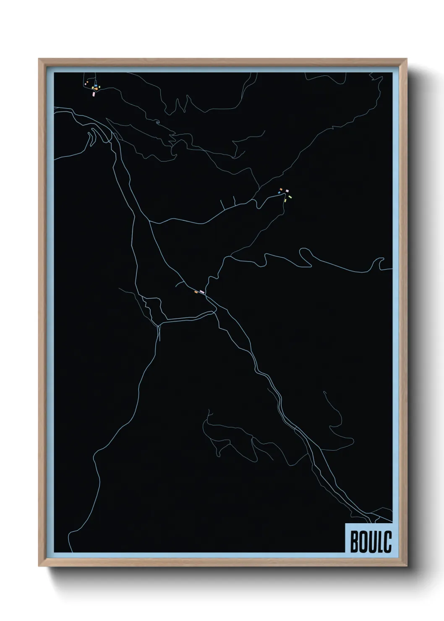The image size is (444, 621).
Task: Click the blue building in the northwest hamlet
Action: pyautogui.click(x=96, y=86)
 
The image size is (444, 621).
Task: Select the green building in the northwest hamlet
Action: pyautogui.click(x=99, y=87)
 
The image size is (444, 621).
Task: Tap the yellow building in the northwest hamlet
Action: pyautogui.click(x=93, y=88)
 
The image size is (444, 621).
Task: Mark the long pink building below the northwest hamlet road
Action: pyautogui.click(x=94, y=94)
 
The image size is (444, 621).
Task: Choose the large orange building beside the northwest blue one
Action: pyautogui.click(x=96, y=89)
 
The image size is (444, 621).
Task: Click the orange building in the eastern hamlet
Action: pyautogui.click(x=281, y=189)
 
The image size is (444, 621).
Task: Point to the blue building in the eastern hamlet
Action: pyautogui.click(x=279, y=193)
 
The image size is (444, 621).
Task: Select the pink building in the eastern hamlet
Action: pyautogui.click(x=287, y=191)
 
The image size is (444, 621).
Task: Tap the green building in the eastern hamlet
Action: pyautogui.click(x=290, y=197)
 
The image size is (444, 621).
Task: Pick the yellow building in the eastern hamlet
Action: pyautogui.click(x=285, y=201)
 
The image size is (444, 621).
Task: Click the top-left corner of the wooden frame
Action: pyautogui.click(x=39, y=59)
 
